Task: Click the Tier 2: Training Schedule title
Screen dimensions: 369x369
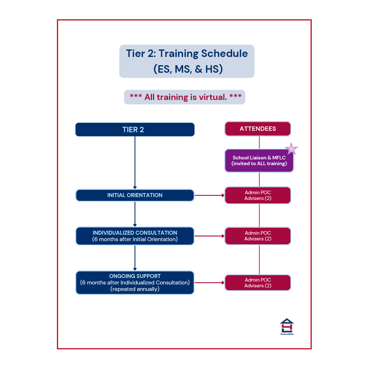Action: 187,61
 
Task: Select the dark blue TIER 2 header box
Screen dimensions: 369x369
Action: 135,129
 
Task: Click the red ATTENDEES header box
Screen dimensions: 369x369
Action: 258,129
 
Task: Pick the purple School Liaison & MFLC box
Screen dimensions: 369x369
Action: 259,160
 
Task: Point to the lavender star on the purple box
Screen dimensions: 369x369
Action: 291,149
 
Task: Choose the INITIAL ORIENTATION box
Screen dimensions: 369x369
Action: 135,195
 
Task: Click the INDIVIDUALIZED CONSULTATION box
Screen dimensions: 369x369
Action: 135,236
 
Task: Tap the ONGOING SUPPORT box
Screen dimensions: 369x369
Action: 135,283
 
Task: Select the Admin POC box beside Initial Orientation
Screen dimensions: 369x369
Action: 258,195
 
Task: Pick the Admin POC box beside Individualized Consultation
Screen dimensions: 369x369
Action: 258,236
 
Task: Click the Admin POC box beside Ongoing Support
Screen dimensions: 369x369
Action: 258,283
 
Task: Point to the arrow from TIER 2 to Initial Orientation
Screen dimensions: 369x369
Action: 135,163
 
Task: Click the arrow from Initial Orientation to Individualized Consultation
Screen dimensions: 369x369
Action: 135,214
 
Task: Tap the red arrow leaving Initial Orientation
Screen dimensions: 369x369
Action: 210,195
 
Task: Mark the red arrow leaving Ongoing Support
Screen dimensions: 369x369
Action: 210,283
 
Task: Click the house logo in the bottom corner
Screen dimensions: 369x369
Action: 287,327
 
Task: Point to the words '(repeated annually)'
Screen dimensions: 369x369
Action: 135,289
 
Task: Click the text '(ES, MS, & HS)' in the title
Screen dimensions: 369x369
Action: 188,69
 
